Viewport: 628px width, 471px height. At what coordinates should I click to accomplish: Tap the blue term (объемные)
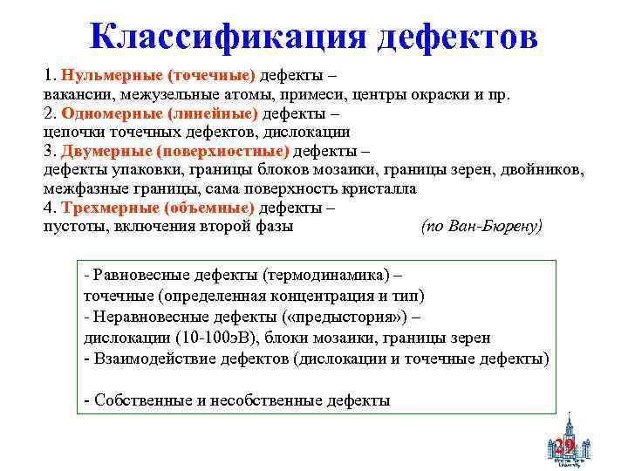point(211,208)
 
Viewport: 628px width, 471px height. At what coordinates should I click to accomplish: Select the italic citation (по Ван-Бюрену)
point(481,226)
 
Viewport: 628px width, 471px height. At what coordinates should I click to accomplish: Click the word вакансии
point(79,93)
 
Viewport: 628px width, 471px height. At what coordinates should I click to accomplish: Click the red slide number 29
point(564,447)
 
